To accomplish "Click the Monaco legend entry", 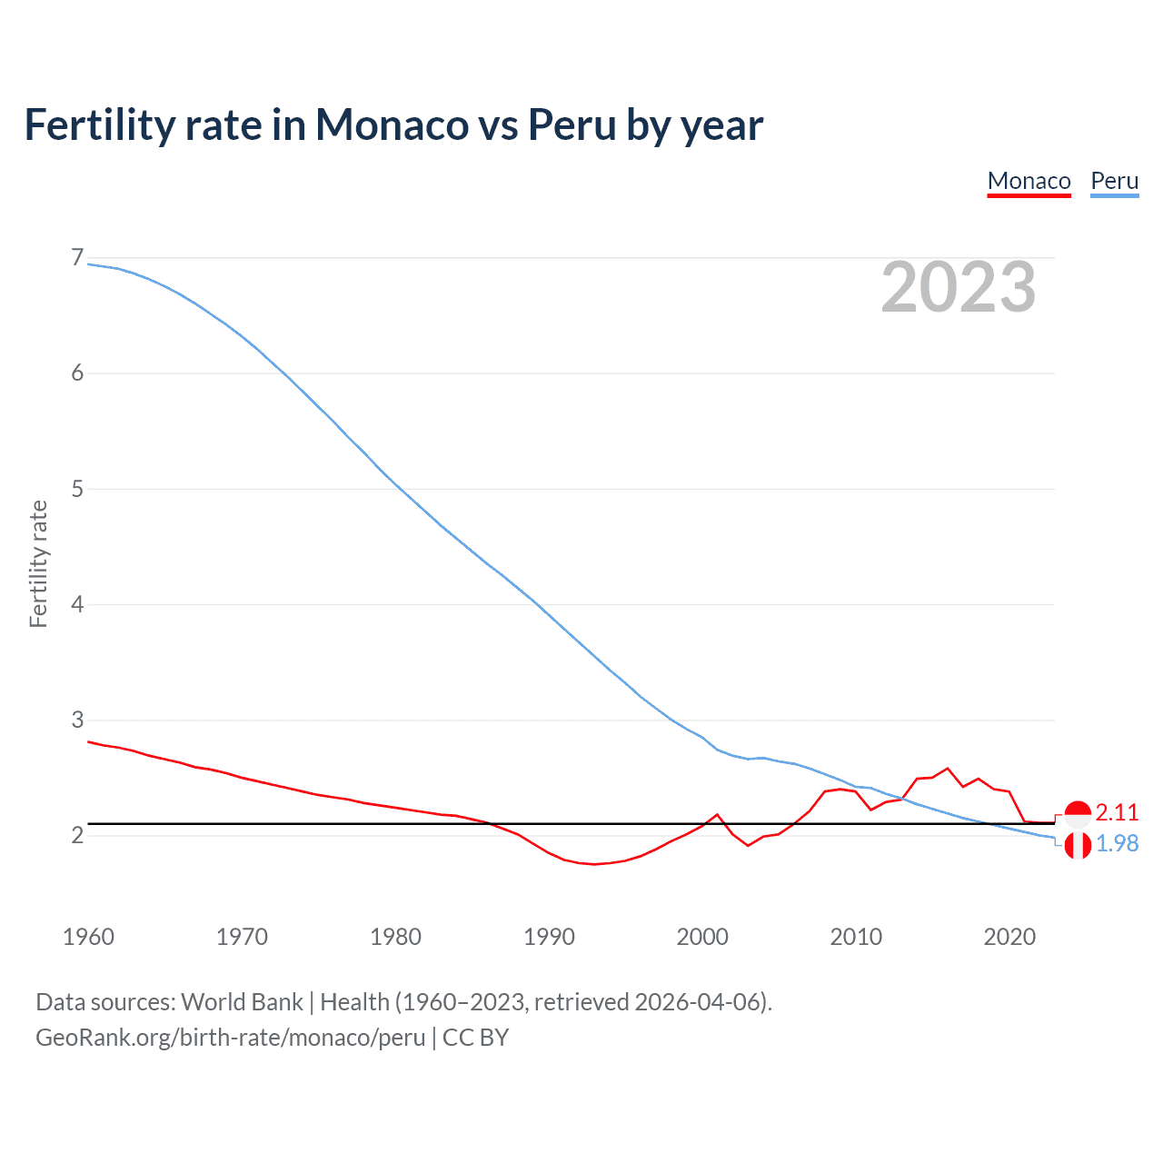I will tap(1029, 181).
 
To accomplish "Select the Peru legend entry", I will tap(1114, 181).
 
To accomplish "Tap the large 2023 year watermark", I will tap(958, 287).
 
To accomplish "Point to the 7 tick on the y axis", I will tap(77, 258).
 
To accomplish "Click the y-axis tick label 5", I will tap(77, 489).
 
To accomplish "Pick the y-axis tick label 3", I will tap(77, 720).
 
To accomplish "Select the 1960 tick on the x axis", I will tap(88, 937).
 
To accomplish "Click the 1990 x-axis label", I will tap(549, 937).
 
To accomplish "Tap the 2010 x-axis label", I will tap(856, 937).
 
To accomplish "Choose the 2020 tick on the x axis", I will tap(1009, 937).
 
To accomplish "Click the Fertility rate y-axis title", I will tap(38, 563).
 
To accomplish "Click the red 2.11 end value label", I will tap(1117, 812).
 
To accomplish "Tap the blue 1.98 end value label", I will tap(1117, 843).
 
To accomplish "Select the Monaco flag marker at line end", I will tap(1078, 814).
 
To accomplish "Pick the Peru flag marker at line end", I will tap(1078, 846).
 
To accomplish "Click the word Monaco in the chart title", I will tap(392, 124).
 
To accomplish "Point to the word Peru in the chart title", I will tap(572, 124).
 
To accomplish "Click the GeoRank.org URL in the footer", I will tap(230, 1038).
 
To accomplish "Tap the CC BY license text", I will tap(475, 1038).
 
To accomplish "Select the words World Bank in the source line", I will tap(242, 1002).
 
